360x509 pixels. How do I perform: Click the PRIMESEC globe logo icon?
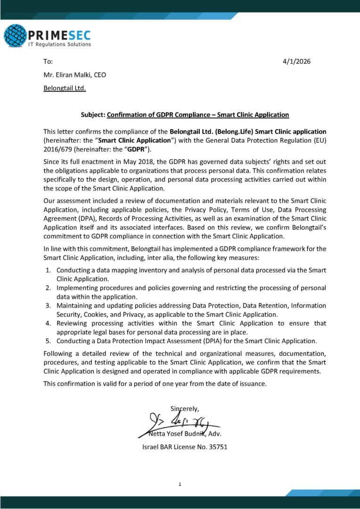coord(15,36)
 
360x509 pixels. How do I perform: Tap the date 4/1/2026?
coord(297,62)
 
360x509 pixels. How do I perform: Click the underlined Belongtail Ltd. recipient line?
coord(65,88)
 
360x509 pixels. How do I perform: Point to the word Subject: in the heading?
coord(93,115)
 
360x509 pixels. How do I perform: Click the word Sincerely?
coord(185,408)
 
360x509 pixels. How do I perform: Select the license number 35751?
coord(218,446)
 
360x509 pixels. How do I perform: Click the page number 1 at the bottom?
coord(180,484)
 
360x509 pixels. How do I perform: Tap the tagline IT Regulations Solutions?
coord(60,44)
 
